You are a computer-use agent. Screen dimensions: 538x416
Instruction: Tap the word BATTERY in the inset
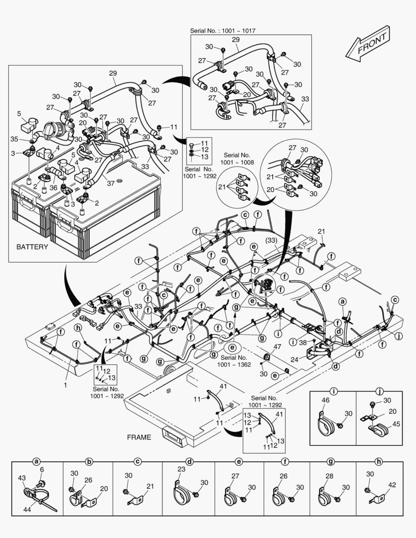pyautogui.click(x=32, y=247)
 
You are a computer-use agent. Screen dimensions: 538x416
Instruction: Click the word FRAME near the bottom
pyautogui.click(x=139, y=437)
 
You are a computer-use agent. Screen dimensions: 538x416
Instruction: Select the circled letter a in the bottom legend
pyautogui.click(x=36, y=462)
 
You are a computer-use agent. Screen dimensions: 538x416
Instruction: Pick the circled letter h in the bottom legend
pyautogui.click(x=379, y=462)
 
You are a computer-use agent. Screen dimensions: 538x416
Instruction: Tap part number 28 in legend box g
pyautogui.click(x=329, y=477)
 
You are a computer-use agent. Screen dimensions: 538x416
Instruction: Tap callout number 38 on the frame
pyautogui.click(x=302, y=342)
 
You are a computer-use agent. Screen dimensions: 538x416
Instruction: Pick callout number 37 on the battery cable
pyautogui.click(x=111, y=183)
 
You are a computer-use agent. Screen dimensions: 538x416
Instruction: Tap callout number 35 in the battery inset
pyautogui.click(x=14, y=139)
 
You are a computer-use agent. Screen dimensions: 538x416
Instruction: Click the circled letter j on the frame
pyautogui.click(x=398, y=336)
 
